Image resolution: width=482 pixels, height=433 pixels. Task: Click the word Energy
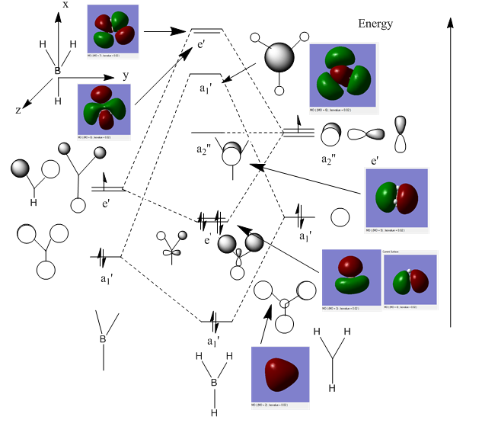pos(375,24)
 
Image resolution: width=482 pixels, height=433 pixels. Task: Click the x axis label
pos(65,5)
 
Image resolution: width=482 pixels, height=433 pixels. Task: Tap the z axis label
pos(18,110)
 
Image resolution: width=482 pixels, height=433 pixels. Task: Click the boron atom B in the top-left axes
pos(57,71)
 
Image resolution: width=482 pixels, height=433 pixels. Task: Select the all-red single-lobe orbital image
pos(280,377)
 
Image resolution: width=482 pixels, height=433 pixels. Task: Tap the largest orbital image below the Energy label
pos(343,75)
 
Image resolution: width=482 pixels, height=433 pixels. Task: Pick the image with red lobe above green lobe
pos(351,279)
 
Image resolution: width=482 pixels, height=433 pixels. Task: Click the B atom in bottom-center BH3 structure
pos(214,382)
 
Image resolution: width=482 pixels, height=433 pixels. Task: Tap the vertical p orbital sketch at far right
pos(401,134)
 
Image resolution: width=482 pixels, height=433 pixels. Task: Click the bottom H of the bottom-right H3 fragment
pos(332,388)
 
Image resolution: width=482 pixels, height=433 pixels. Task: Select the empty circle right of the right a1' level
pos(340,217)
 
